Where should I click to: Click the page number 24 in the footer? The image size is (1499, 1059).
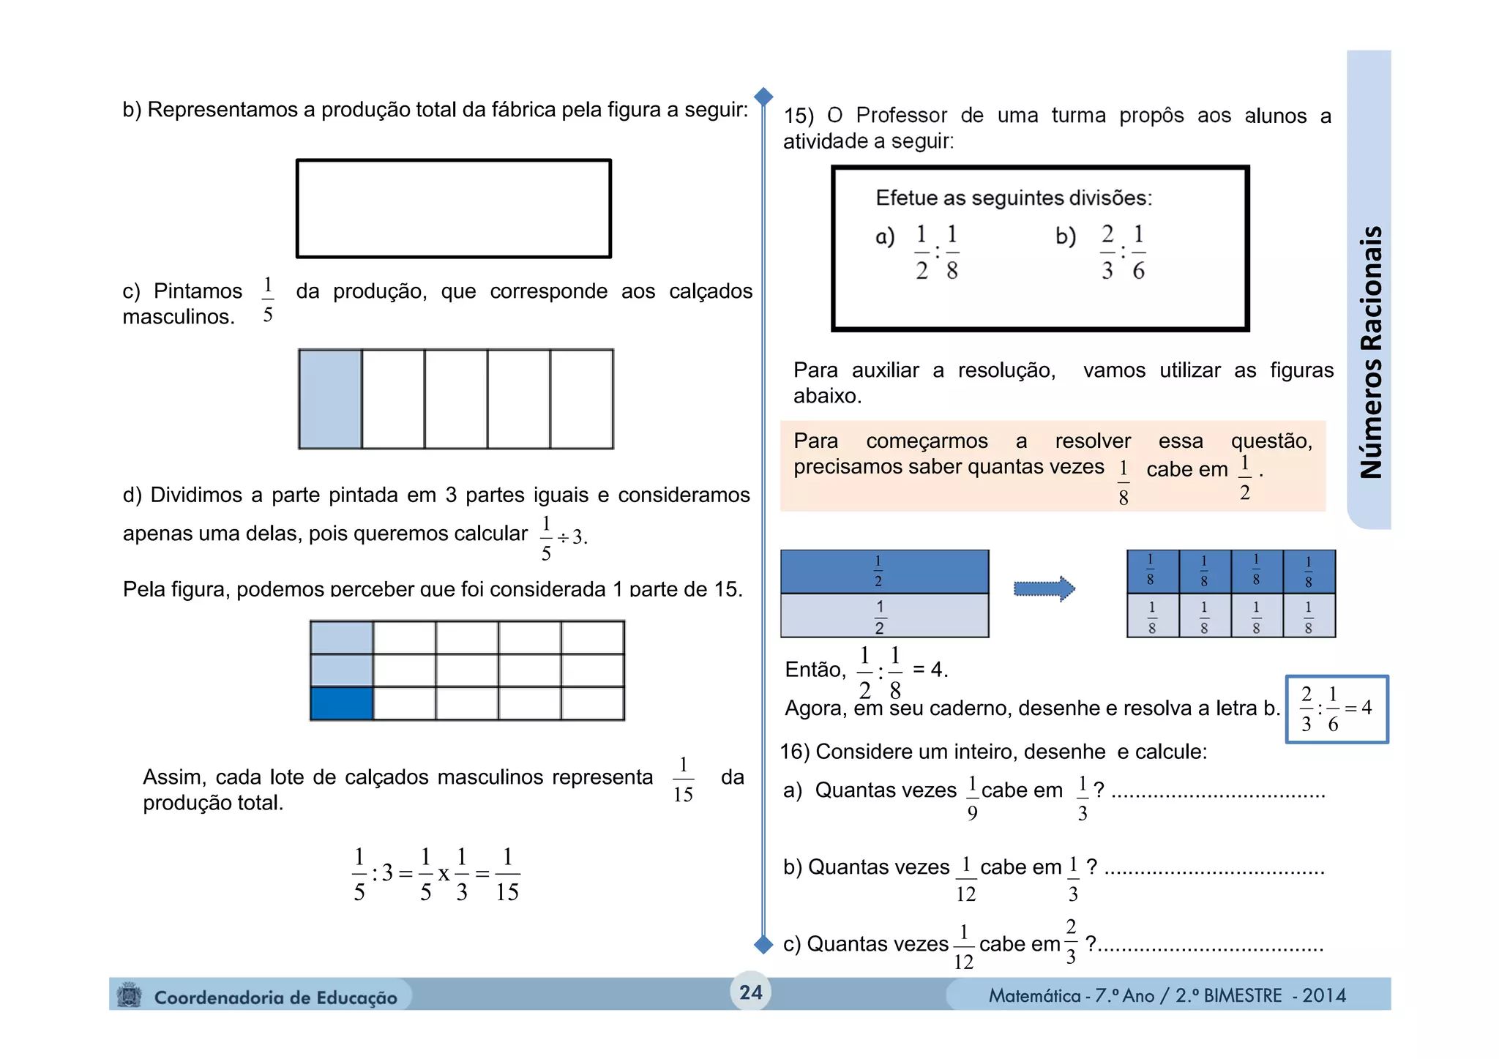point(750,992)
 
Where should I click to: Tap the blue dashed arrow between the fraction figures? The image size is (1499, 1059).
point(1044,588)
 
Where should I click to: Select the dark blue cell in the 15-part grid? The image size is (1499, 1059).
point(342,703)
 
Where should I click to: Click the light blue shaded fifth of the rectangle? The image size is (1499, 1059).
point(330,399)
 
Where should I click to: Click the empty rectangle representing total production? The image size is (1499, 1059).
point(453,209)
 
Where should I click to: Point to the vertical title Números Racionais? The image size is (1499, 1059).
point(1370,351)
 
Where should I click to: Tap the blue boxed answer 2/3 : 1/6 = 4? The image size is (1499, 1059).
point(1337,708)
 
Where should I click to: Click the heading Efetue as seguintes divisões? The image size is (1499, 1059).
point(1014,198)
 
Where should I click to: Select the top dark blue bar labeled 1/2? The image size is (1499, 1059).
point(884,572)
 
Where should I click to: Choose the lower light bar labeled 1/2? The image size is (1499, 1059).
point(884,616)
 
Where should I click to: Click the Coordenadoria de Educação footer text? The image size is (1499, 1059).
point(275,998)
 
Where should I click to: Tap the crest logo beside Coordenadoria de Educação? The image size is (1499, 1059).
point(130,996)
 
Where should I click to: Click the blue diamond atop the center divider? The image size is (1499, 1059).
point(763,97)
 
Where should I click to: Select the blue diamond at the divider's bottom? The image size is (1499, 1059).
point(763,945)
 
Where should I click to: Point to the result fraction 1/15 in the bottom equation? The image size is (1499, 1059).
point(506,874)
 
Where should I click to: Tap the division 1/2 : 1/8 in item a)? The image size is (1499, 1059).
point(936,252)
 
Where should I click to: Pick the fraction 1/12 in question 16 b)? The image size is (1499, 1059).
point(965,879)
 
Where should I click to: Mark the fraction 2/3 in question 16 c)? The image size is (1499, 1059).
point(1071,942)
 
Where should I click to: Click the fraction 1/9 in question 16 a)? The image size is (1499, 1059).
point(972,798)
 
